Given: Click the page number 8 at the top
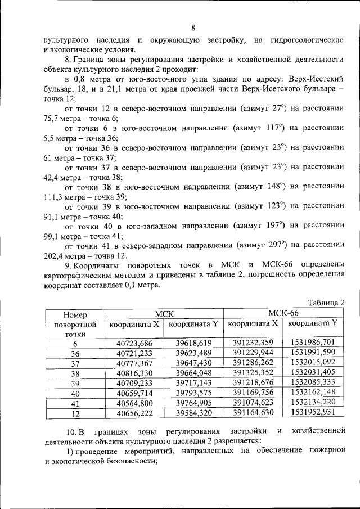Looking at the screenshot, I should pyautogui.click(x=193, y=28).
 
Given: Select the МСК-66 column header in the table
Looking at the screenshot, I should pyautogui.click(x=283, y=313).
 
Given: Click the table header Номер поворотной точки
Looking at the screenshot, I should pyautogui.click(x=76, y=324).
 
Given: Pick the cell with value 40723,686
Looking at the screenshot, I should pyautogui.click(x=134, y=343).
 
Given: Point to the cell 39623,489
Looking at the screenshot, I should pyautogui.click(x=193, y=353).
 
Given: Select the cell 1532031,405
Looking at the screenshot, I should pyautogui.click(x=313, y=372).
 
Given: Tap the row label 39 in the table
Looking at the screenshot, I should pyautogui.click(x=76, y=382).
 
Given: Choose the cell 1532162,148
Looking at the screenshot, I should pyautogui.click(x=313, y=392).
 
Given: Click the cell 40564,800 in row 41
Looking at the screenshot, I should pyautogui.click(x=134, y=402).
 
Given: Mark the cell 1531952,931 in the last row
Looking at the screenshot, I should pyautogui.click(x=313, y=412).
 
